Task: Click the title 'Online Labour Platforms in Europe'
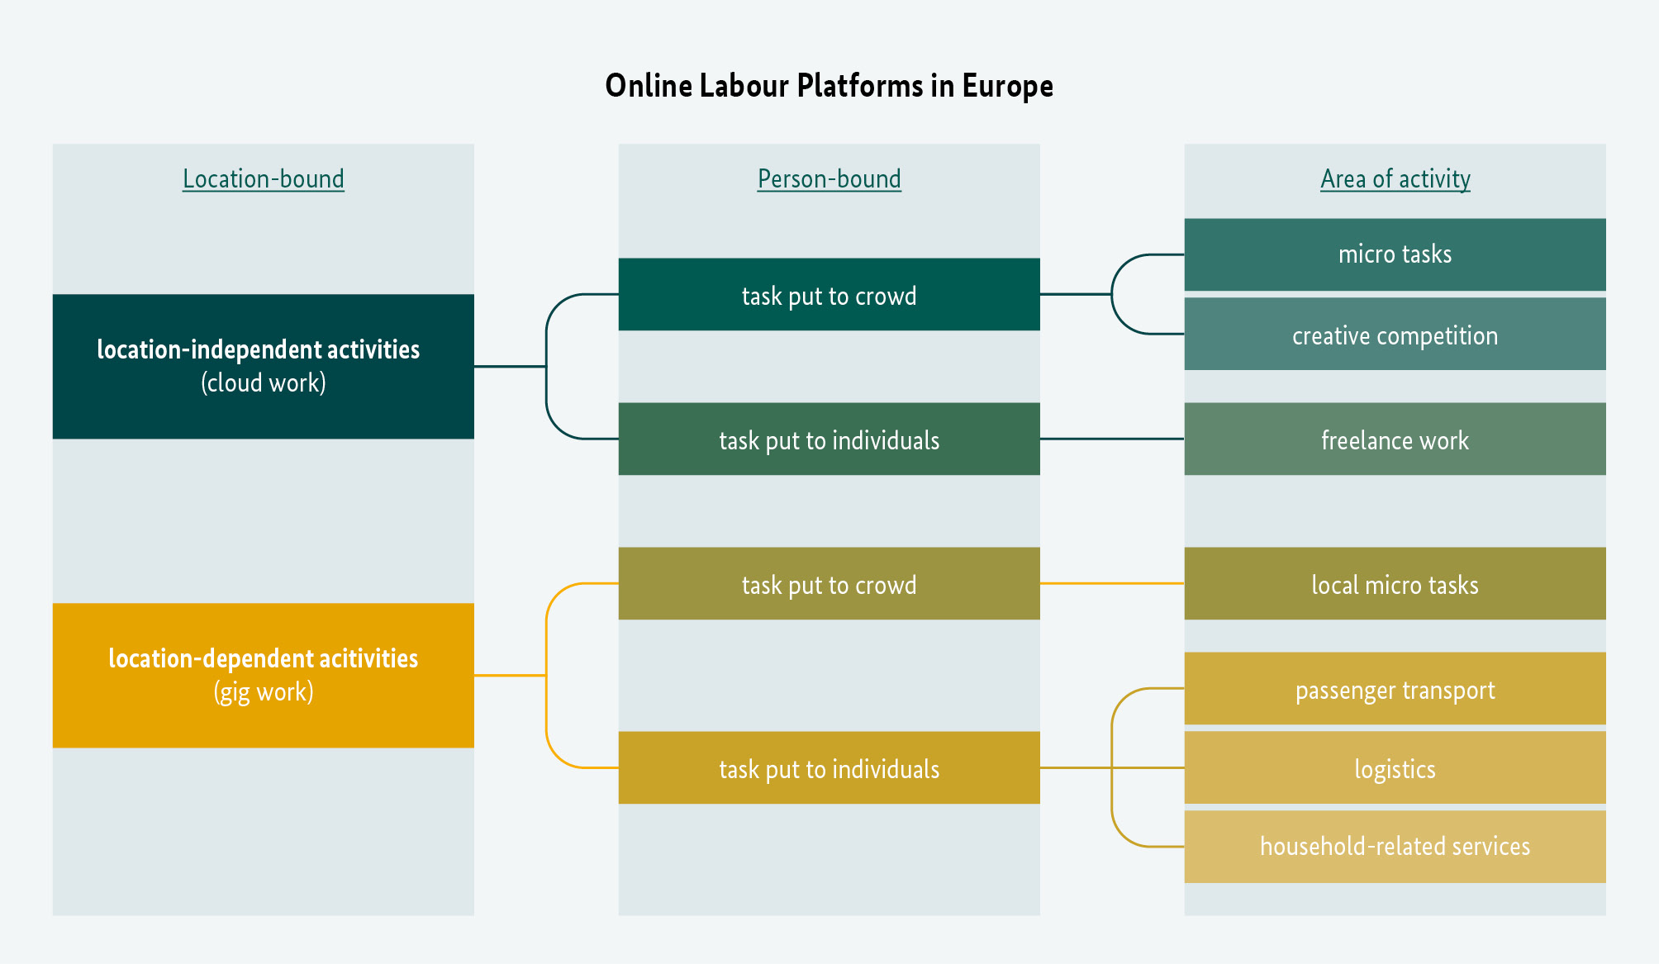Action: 829,86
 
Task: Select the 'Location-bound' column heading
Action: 263,178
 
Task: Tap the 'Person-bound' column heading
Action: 829,178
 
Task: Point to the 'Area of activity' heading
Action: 1395,178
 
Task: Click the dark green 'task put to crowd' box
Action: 829,295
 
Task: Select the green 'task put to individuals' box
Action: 829,439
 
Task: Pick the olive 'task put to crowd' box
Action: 829,584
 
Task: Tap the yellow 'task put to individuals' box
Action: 829,768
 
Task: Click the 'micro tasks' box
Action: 1395,254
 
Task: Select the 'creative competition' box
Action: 1395,335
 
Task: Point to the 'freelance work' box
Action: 1395,439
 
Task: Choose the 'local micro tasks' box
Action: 1395,584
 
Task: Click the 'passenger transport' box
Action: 1395,689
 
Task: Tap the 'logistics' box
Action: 1395,768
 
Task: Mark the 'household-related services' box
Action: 1395,847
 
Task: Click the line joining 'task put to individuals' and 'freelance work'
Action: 1111,439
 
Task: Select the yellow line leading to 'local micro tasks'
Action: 1111,583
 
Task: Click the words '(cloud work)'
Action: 263,383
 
